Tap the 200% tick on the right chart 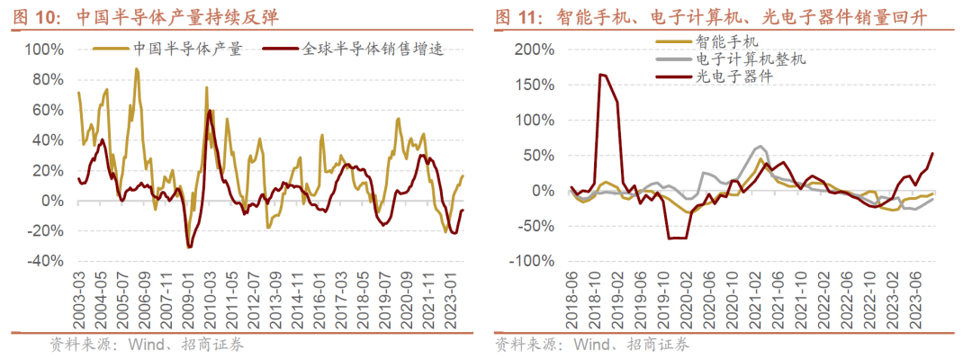526,49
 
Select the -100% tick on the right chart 523,261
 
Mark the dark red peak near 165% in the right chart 600,75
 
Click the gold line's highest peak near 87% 137,68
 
